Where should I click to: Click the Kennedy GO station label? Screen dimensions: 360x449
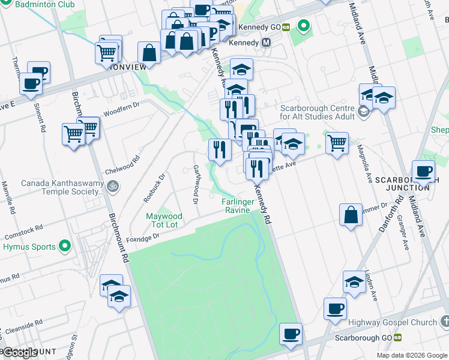coord(259,27)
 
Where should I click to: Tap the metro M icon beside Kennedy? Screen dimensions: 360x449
coord(267,43)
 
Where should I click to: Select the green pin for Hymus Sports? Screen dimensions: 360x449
coord(65,247)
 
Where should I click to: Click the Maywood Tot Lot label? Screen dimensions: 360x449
coord(164,220)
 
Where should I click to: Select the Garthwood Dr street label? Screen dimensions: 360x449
coord(195,184)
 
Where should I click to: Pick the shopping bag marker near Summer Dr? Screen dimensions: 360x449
coord(351,215)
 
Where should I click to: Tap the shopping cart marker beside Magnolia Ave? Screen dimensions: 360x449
coord(337,142)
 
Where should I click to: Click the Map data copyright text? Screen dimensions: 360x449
coord(412,355)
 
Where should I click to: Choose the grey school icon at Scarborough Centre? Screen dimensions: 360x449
coord(362,112)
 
